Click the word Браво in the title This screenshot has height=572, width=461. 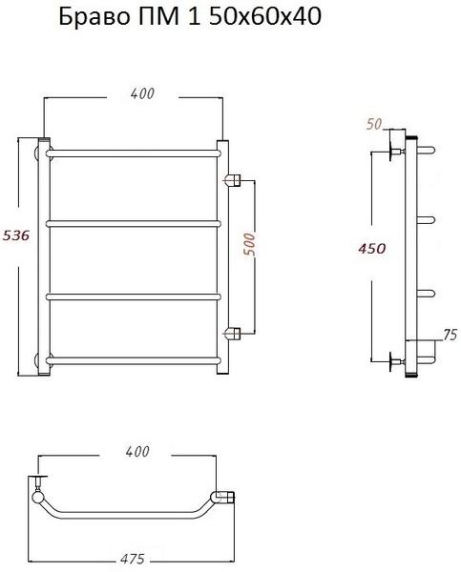click(94, 16)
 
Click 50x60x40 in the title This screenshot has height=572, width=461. click(265, 16)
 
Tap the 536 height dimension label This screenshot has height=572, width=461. click(15, 235)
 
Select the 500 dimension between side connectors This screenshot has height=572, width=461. click(249, 244)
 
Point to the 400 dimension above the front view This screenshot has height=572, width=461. click(142, 93)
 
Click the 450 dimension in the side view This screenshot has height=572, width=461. click(372, 249)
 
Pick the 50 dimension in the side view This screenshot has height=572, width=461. click(374, 124)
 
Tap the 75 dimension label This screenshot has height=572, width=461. click(451, 335)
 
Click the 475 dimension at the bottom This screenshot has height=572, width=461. click(133, 559)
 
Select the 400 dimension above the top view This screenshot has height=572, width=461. click(137, 452)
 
